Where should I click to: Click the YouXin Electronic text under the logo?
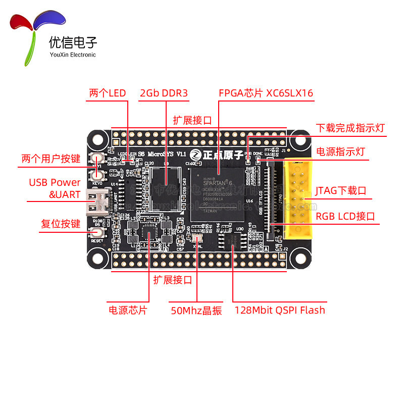coord(73,55)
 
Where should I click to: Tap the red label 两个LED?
coord(107,93)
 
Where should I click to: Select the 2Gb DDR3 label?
coord(164,93)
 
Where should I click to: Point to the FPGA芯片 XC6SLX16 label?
coord(266,93)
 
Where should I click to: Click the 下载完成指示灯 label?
coord(350,128)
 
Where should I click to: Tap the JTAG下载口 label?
coord(340,191)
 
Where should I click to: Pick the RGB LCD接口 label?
coord(345,217)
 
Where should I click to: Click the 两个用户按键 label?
coord(51,159)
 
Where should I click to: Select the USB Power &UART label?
coord(55,188)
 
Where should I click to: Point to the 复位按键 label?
coord(61,223)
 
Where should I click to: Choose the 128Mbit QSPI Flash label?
coord(280,310)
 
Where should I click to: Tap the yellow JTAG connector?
coord(298,198)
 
